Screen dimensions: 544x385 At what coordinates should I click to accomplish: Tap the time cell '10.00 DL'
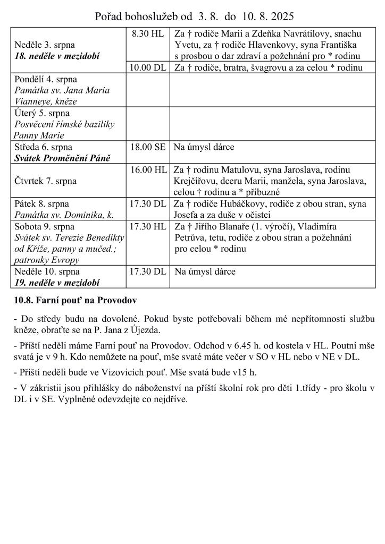point(148,67)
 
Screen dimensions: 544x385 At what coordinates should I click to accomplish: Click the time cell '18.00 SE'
point(148,147)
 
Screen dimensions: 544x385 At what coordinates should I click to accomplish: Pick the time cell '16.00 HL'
point(148,170)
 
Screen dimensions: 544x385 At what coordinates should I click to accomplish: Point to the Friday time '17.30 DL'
point(148,203)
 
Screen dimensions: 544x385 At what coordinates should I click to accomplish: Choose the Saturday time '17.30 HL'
point(148,226)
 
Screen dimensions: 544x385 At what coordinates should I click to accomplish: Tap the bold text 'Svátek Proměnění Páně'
point(62,158)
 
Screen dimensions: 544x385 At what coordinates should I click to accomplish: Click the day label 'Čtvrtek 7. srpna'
point(45,181)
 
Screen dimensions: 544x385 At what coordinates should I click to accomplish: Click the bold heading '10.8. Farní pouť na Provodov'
point(75,301)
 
